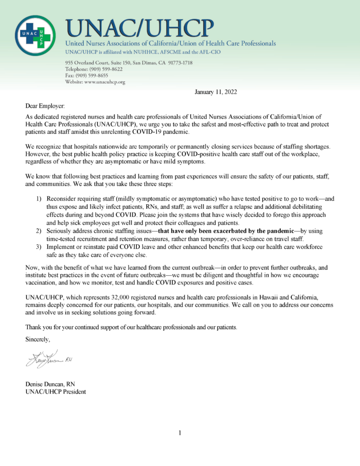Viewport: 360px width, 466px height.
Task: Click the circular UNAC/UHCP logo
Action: click(x=37, y=35)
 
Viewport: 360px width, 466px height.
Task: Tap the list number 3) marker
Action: click(x=38, y=247)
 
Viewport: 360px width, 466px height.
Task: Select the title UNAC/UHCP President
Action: click(x=56, y=392)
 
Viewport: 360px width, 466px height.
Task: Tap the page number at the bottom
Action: click(x=180, y=433)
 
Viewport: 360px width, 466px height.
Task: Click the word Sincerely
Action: click(x=39, y=339)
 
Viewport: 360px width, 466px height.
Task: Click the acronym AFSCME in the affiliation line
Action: click(x=194, y=52)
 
